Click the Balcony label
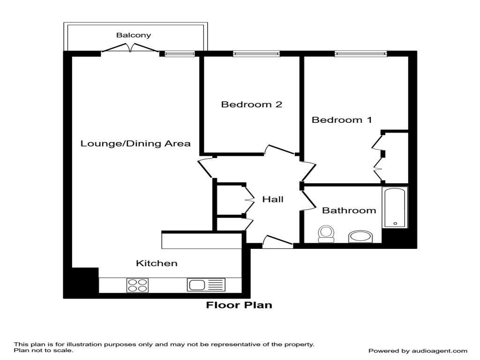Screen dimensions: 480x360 pos(134,35)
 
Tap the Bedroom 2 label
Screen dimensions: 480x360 pos(252,105)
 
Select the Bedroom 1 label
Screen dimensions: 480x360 pos(342,120)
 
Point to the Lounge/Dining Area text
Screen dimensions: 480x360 pos(135,143)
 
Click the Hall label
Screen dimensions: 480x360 pos(273,199)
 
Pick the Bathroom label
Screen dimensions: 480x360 pos(349,210)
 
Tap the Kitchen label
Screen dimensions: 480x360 pos(157,263)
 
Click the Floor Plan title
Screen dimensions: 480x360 pos(239,305)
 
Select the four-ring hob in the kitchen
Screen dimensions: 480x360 pos(137,285)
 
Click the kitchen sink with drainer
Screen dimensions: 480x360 pos(206,285)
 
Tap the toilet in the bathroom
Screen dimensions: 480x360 pos(326,234)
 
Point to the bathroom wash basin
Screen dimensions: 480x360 pos(360,237)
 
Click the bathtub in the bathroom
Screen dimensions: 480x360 pos(395,207)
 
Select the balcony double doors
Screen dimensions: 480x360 pos(130,47)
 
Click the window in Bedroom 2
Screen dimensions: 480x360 pos(256,54)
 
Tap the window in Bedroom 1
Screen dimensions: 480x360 pos(360,54)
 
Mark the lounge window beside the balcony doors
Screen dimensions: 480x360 pos(180,54)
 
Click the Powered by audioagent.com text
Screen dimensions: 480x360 pos(418,351)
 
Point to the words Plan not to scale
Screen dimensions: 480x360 pos(44,350)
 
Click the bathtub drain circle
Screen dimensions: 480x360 pos(395,224)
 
